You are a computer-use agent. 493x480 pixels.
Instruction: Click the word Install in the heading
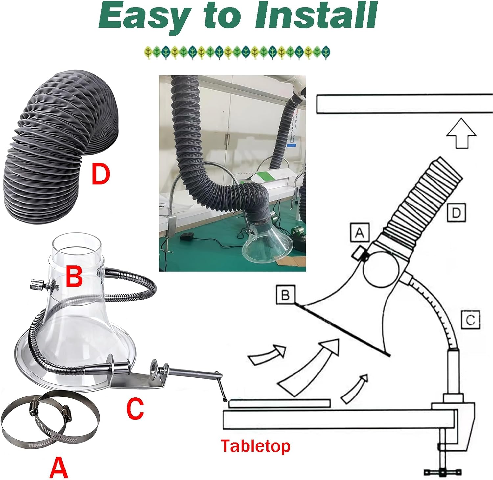pos(316,16)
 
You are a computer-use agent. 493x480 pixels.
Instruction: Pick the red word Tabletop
pos(255,446)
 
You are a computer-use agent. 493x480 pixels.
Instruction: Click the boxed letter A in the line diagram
pos(360,232)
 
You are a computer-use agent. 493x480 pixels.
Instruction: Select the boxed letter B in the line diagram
pos(285,295)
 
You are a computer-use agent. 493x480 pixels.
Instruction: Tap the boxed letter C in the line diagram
pos(470,320)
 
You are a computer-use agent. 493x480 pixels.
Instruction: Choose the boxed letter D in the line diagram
pos(456,213)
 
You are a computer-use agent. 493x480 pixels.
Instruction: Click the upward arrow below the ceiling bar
pos(461,133)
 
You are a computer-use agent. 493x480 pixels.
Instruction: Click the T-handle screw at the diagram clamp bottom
pos(443,472)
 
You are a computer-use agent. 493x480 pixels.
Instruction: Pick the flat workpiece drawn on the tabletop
pos(279,403)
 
